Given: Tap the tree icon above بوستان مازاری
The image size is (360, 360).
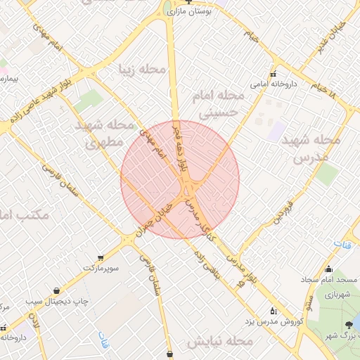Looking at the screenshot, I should tap(188, 2).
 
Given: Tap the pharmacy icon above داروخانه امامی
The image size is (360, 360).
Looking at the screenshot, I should tap(274, 74).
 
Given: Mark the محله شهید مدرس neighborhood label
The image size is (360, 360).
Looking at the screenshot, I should tap(310, 149).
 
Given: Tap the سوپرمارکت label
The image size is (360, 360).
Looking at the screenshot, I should tap(102, 268).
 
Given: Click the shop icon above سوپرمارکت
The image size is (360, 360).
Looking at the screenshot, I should tap(102, 257).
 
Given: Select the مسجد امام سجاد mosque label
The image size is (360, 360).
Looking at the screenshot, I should tap(330, 279).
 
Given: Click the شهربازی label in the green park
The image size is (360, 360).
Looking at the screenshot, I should tap(337, 295).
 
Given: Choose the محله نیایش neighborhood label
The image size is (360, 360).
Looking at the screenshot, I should tap(220, 342).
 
